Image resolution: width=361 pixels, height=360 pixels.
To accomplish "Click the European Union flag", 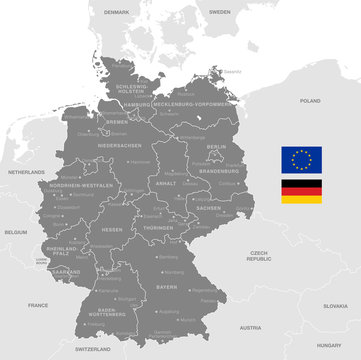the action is [301, 159].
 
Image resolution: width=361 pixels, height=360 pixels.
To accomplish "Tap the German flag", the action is [301, 191].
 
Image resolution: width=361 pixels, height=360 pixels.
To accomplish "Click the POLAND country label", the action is [310, 101].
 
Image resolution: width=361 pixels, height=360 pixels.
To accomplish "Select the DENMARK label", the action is [117, 11].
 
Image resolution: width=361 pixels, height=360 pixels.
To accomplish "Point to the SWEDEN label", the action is [220, 11].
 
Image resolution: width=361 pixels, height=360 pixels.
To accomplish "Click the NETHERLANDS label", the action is [26, 172].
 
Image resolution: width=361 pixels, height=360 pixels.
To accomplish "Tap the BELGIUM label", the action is [15, 231].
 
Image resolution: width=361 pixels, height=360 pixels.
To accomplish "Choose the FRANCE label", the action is [38, 304].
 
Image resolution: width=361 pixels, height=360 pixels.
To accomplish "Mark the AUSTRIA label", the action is [250, 326].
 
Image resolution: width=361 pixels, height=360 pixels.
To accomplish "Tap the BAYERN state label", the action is [166, 285].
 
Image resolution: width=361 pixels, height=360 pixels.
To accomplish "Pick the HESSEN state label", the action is [112, 229].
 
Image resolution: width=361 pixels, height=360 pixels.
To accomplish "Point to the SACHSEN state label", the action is [209, 208].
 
